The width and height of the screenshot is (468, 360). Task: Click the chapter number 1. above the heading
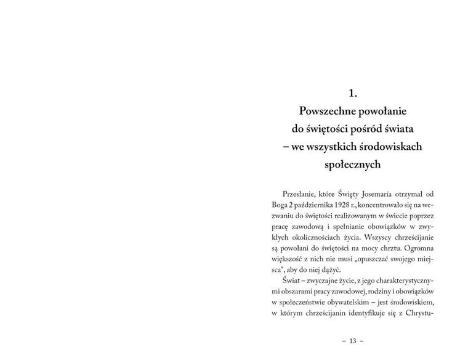click(353, 94)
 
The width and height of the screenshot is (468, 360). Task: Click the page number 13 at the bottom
click(353, 341)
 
